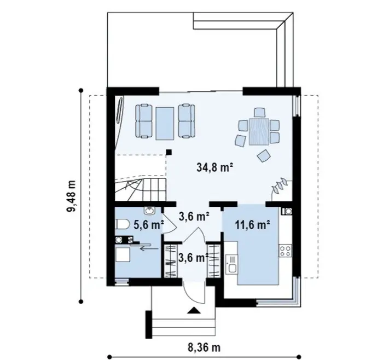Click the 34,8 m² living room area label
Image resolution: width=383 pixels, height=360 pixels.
214,168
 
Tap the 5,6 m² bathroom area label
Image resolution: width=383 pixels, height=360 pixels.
148,225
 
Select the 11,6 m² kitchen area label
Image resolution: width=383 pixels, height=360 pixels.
253,225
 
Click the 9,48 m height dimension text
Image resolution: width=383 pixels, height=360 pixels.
72,196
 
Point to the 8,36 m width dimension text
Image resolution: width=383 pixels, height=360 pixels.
204,347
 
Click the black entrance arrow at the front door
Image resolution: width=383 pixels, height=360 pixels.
194,310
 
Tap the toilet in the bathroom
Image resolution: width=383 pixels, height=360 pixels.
122,224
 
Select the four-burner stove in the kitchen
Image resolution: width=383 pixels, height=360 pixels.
285,251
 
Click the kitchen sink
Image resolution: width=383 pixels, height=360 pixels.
231,264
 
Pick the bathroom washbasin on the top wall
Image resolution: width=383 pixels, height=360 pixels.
149,211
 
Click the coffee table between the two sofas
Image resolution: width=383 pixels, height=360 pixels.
165,123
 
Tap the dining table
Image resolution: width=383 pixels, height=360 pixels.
259,132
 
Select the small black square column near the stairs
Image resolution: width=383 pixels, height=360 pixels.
169,153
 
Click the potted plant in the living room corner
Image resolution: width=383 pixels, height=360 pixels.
280,185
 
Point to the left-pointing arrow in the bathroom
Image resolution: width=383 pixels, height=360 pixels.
149,248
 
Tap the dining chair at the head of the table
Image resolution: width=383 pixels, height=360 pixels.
259,112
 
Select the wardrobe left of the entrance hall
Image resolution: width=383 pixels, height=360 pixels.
171,261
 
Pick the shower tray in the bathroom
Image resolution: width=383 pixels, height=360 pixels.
123,254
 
